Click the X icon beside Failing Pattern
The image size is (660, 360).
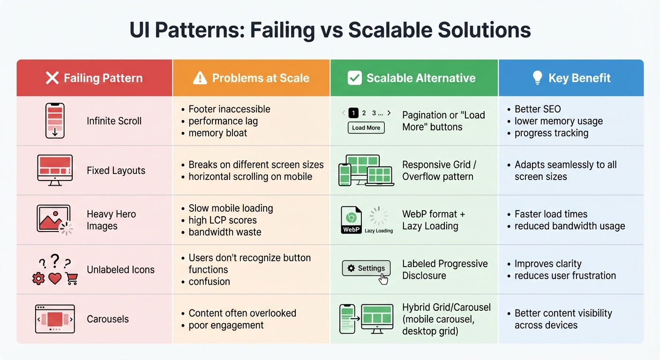tap(52, 78)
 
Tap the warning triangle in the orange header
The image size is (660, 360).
tap(200, 78)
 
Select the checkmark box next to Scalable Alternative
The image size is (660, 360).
tap(354, 78)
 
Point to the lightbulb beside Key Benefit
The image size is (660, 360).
tap(538, 78)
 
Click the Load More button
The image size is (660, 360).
tap(366, 127)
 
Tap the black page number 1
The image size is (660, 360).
tap(353, 113)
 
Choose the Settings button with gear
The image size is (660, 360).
tap(366, 268)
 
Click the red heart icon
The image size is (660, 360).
tap(55, 279)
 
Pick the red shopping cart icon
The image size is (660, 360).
tap(72, 279)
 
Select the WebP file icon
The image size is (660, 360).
tap(351, 220)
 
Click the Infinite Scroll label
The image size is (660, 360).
tap(114, 121)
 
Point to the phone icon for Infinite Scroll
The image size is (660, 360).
tap(55, 120)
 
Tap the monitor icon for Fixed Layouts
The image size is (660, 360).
tap(55, 170)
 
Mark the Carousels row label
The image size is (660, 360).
tap(108, 319)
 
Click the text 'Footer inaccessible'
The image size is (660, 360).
tap(229, 109)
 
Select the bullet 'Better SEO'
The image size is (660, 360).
tap(538, 109)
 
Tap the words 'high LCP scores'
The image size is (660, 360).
tap(223, 220)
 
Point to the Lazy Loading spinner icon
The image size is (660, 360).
tap(379, 217)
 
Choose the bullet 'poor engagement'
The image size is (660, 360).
tap(226, 325)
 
